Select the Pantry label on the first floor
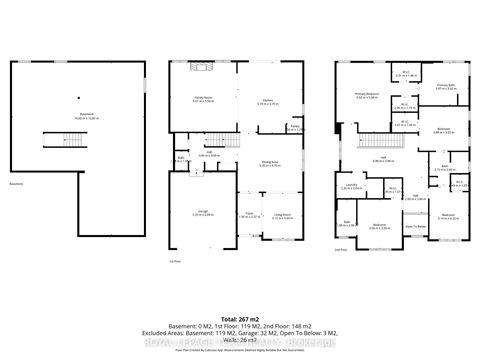295,127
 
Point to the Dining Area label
269,164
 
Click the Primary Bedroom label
366,96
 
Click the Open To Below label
414,227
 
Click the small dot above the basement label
77,98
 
